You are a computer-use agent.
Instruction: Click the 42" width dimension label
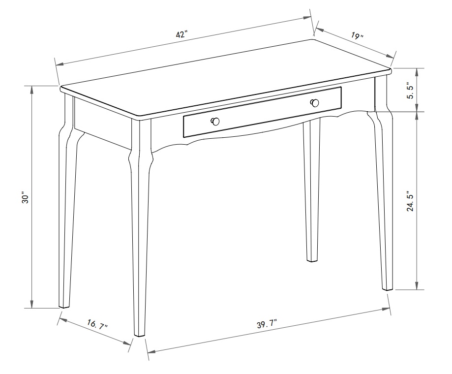(x=181, y=34)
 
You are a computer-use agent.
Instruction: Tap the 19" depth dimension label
(x=358, y=36)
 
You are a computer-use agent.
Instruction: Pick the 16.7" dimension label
(x=97, y=325)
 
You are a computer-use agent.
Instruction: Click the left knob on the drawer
(x=215, y=122)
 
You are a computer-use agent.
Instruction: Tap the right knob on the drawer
(x=315, y=103)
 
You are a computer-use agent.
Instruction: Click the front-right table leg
(x=384, y=197)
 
